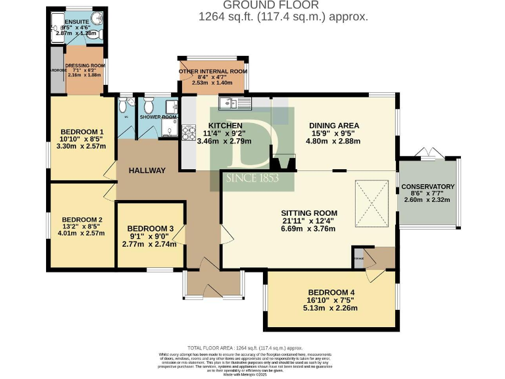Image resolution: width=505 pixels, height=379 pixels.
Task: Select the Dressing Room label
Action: [85, 65]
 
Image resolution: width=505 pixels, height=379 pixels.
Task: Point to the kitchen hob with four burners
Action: [189, 132]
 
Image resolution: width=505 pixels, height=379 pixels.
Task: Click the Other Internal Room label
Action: [212, 71]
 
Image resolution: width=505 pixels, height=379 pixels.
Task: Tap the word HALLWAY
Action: [147, 170]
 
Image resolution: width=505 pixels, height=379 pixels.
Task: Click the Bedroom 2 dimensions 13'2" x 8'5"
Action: [82, 226]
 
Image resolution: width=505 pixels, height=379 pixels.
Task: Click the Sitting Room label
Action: [309, 213]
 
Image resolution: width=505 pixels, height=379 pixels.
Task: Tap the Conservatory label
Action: [427, 186]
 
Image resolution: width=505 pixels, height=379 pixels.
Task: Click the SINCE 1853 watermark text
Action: [252, 178]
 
